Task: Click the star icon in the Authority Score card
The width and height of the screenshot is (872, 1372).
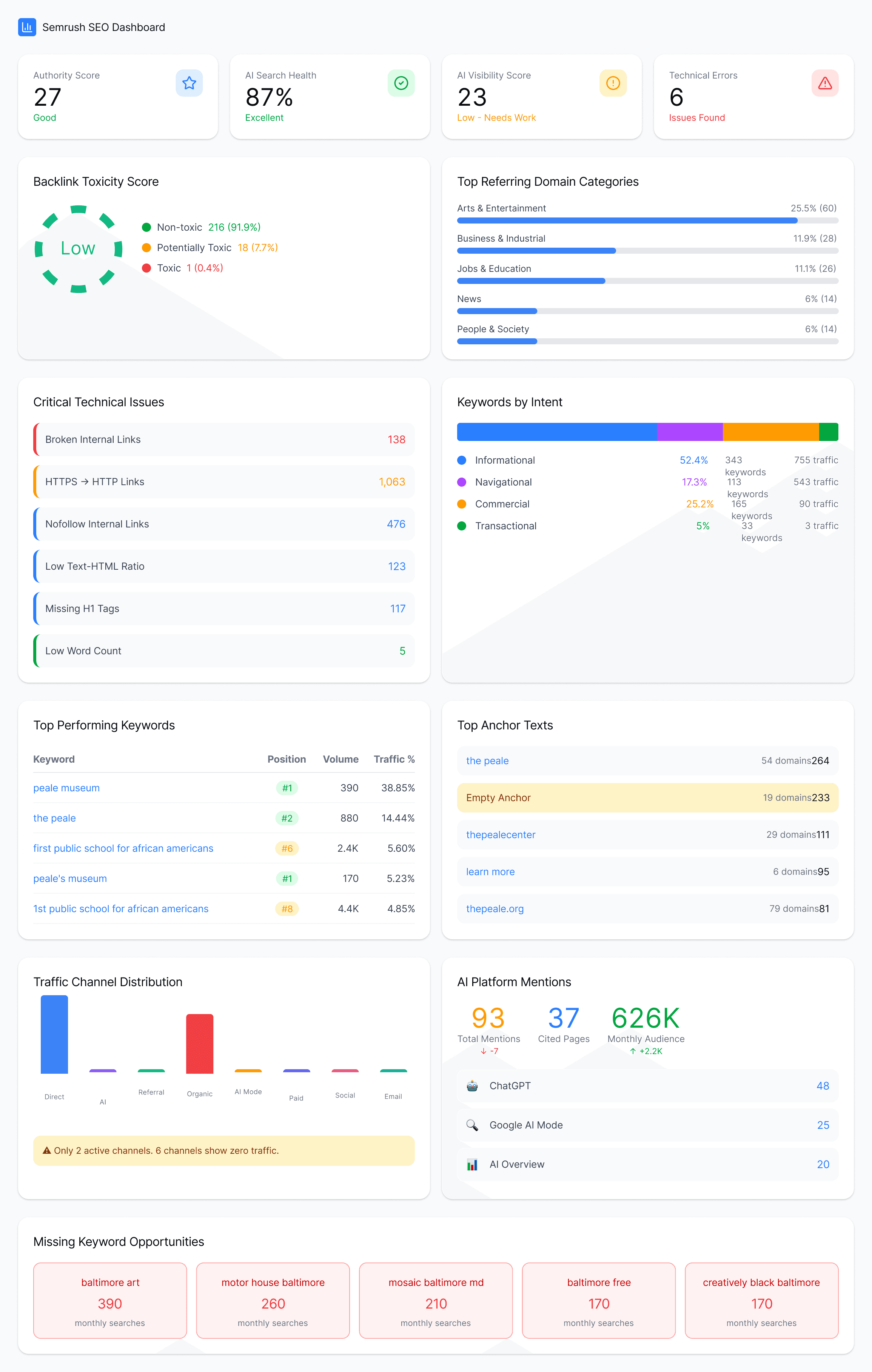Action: coord(189,83)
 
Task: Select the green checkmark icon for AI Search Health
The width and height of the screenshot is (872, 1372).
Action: coord(401,83)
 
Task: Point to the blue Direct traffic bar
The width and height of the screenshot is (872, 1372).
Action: coord(54,1034)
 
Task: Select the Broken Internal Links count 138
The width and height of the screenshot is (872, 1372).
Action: coord(396,440)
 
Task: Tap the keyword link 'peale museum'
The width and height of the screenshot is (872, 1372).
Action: coord(66,788)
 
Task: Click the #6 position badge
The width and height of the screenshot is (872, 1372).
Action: coord(287,848)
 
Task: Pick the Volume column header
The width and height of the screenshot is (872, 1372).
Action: coord(340,759)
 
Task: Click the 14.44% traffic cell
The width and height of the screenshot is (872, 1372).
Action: coord(397,818)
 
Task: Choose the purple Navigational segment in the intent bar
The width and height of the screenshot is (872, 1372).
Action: coord(689,432)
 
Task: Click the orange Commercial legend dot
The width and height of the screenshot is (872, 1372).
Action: coord(462,504)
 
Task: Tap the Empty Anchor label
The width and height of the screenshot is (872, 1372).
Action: coord(498,798)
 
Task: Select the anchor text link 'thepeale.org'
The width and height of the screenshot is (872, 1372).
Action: coord(495,909)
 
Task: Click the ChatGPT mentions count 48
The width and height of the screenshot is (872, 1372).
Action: coord(823,1086)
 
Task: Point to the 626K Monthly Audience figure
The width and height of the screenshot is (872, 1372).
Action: coord(645,1018)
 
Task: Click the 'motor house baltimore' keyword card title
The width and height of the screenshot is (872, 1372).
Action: coord(273,1283)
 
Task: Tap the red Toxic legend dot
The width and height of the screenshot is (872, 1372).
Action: coord(146,268)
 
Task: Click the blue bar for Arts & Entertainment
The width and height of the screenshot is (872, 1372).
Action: coord(627,220)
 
